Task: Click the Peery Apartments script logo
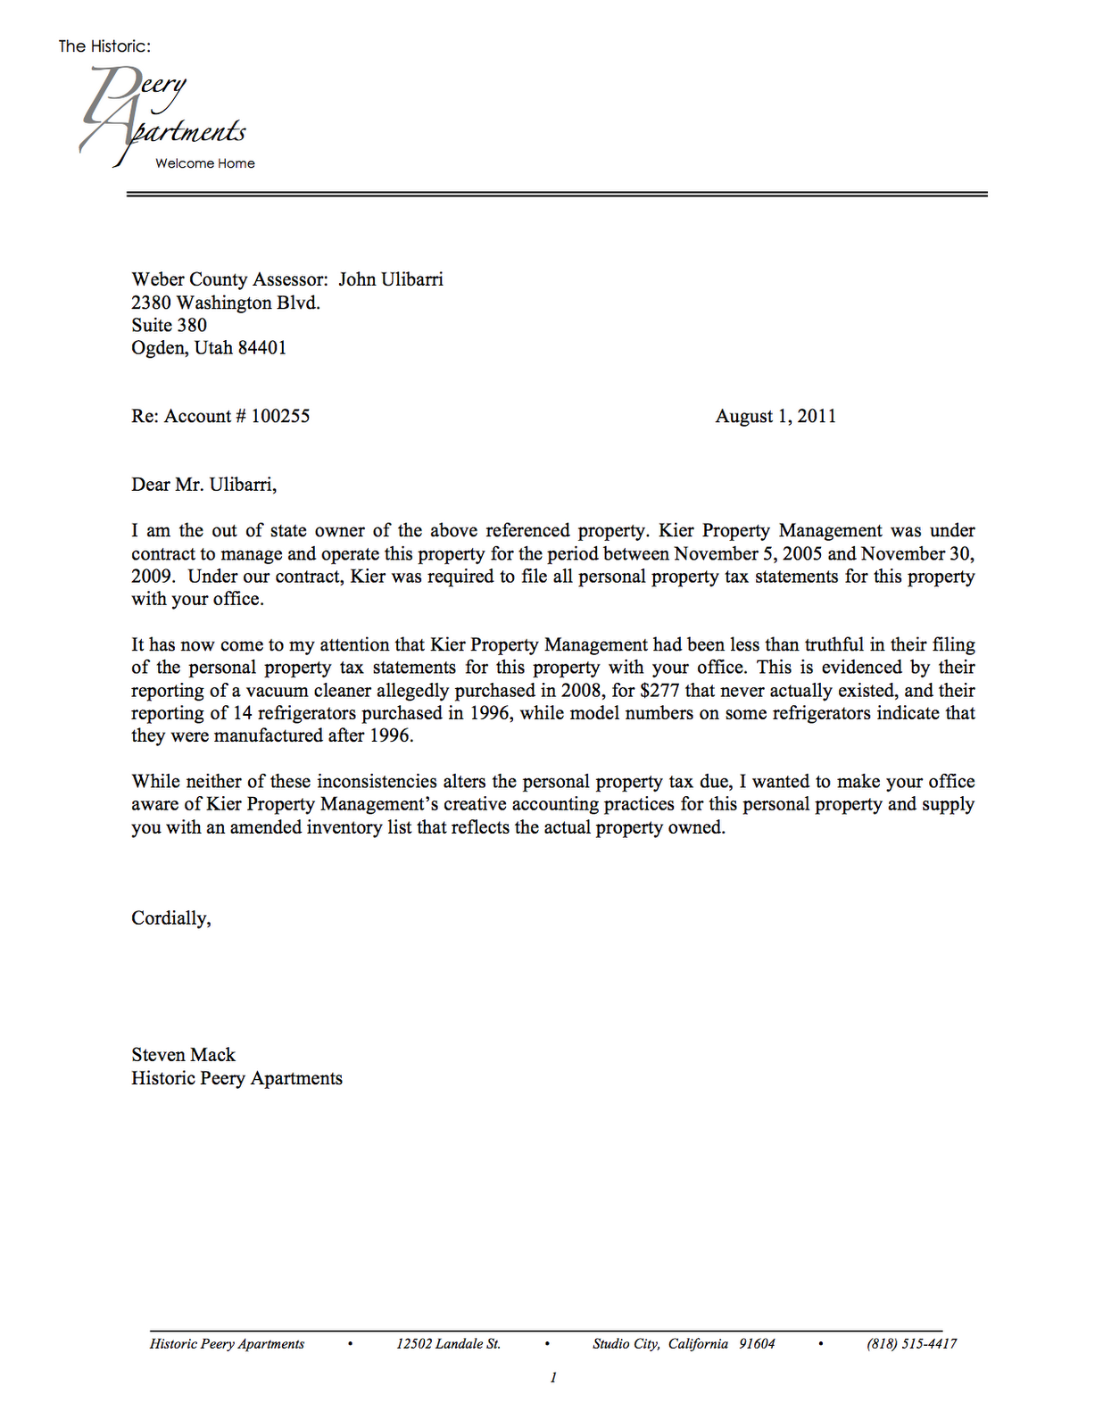coord(164,116)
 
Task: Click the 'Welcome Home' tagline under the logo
coord(204,163)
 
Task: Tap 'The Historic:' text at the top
coord(104,46)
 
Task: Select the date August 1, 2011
coord(775,416)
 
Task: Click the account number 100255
coord(280,416)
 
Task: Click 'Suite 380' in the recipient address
coord(169,325)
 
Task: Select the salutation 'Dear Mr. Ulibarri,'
coord(203,485)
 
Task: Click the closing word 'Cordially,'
coord(170,918)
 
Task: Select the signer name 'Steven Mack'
coord(183,1055)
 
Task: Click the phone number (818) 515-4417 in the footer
coord(911,1344)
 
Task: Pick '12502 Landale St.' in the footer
coord(448,1344)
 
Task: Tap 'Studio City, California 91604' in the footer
coord(684,1344)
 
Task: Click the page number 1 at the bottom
coord(553,1378)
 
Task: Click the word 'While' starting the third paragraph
coord(155,782)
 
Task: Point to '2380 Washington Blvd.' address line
coord(225,303)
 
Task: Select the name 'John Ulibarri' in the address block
coord(390,279)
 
